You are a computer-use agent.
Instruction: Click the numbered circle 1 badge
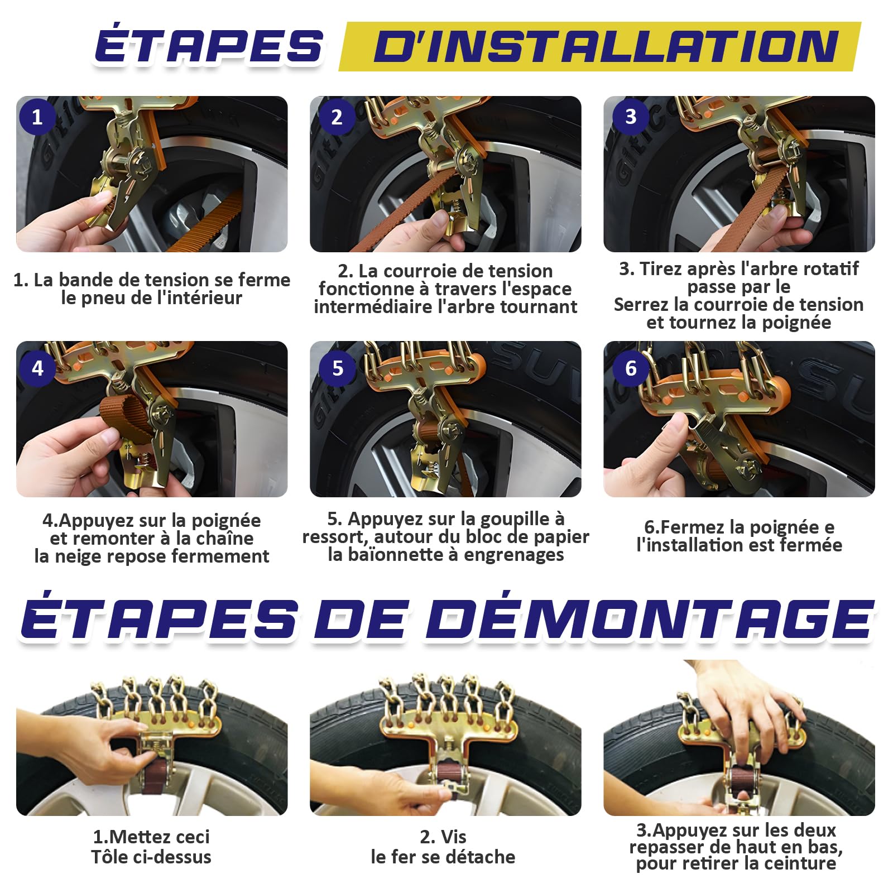point(37,117)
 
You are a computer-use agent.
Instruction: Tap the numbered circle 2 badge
point(337,117)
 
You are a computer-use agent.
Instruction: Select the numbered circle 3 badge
point(631,116)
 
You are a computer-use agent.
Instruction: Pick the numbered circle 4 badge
point(37,368)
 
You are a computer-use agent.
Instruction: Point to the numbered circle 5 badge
point(337,368)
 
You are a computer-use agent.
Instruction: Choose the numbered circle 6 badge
point(631,368)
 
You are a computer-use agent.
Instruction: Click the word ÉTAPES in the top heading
point(209,46)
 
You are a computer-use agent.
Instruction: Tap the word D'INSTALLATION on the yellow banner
point(606,46)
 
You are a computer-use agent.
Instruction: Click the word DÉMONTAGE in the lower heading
point(650,620)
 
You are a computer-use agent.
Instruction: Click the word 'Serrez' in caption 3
point(640,305)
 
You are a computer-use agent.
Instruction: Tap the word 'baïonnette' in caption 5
point(405,555)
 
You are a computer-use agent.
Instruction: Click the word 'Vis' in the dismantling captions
point(453,837)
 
